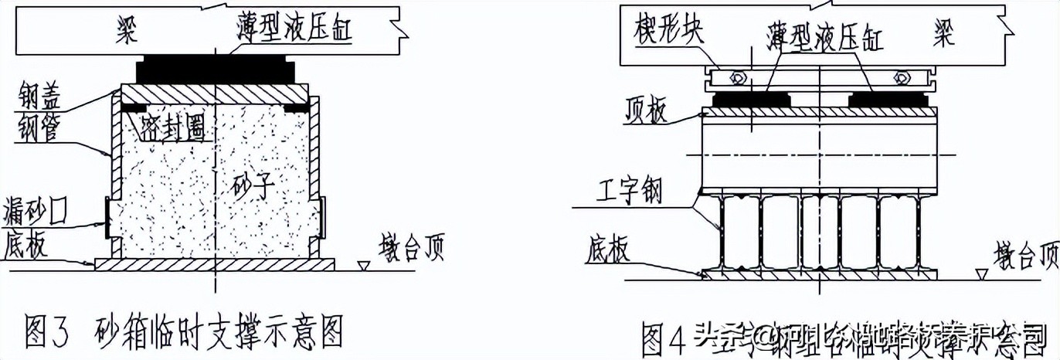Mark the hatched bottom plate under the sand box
pyautogui.click(x=216, y=264)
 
